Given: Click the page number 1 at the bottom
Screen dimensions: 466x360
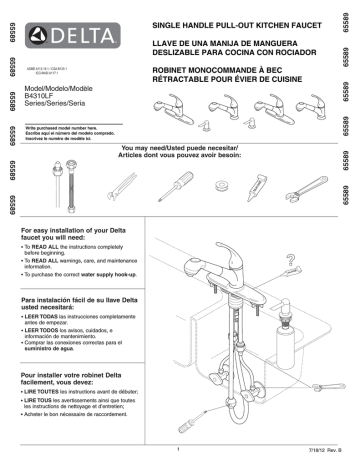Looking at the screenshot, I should [x=177, y=450].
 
